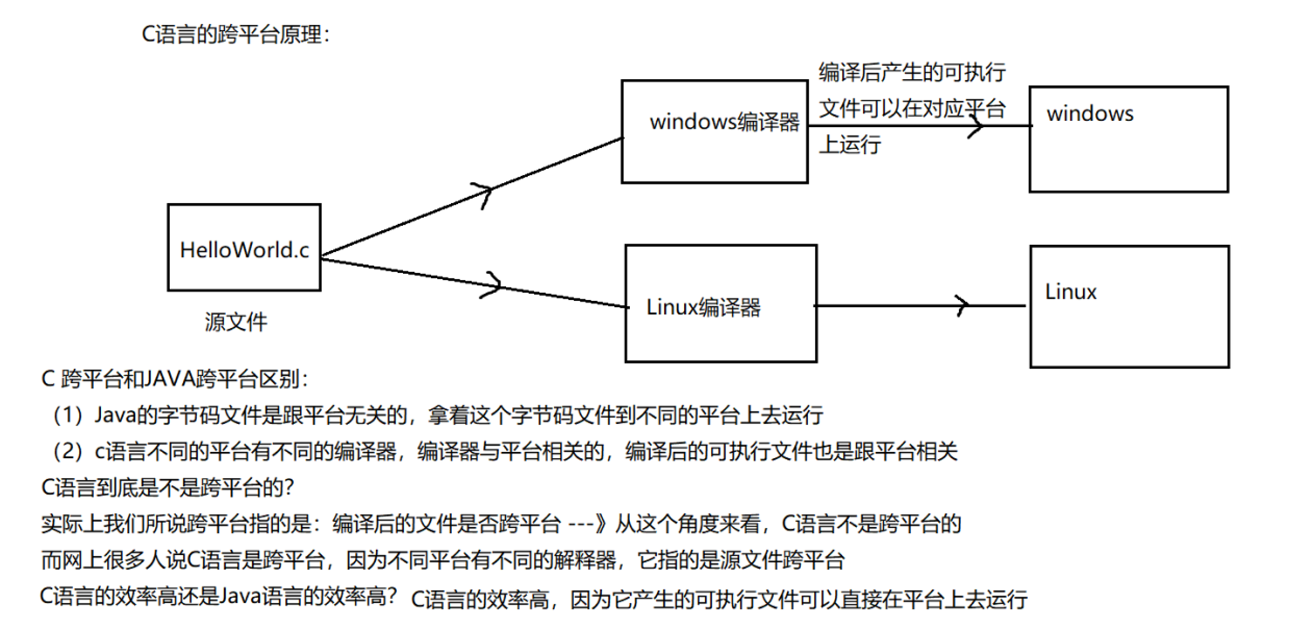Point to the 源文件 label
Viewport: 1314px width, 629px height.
[236, 322]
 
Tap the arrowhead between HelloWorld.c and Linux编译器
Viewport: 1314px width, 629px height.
[493, 285]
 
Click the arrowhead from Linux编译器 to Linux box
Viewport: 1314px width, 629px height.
[962, 306]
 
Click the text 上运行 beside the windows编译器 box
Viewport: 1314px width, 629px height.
[850, 144]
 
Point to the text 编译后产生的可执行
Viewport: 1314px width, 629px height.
[912, 72]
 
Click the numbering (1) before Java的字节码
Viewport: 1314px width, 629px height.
[68, 415]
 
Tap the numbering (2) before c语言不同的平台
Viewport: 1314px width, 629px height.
[68, 451]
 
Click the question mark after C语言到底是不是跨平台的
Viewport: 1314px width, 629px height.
[288, 487]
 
